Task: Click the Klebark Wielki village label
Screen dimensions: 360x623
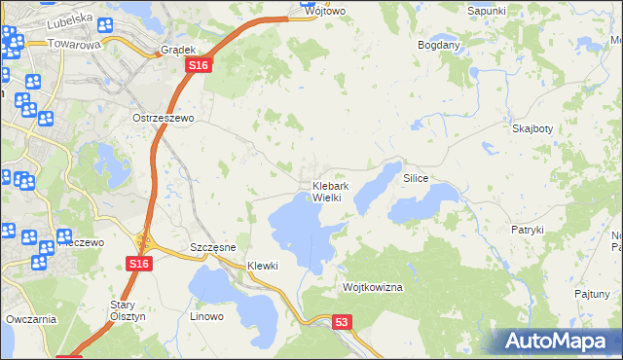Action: coord(325,192)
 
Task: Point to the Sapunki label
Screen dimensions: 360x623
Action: coord(486,10)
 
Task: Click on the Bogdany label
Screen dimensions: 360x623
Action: coord(438,46)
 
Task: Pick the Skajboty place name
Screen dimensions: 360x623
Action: coord(532,128)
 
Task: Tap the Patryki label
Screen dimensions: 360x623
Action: coord(527,230)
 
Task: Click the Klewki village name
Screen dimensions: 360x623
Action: coord(263,266)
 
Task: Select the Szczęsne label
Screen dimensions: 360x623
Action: coord(213,247)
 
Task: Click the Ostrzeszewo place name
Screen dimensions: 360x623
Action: coord(164,117)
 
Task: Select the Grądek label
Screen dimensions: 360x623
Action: coord(179,49)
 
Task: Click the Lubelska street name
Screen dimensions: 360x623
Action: coord(68,17)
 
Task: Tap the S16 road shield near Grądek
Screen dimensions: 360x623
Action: coord(198,65)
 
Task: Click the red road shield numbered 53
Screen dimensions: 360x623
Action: coord(340,321)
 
